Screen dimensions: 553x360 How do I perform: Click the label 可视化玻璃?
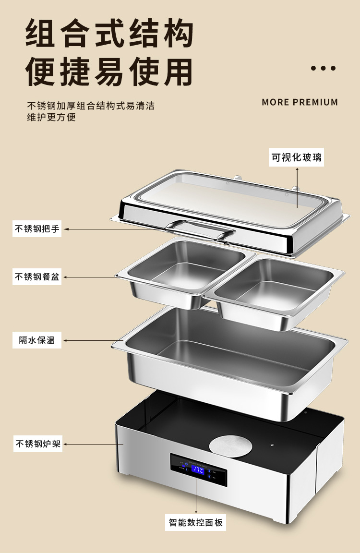296,157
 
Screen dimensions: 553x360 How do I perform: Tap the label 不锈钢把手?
37,229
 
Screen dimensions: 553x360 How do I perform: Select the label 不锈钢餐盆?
37,277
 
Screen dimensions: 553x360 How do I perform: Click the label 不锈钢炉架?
37,444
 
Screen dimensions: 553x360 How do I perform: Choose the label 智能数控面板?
196,522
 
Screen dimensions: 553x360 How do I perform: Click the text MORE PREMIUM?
300,102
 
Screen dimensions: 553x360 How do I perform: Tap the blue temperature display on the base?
198,470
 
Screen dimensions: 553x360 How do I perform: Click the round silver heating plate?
231,445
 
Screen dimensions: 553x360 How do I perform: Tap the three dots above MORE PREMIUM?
323,68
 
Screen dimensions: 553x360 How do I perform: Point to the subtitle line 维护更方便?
51,117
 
